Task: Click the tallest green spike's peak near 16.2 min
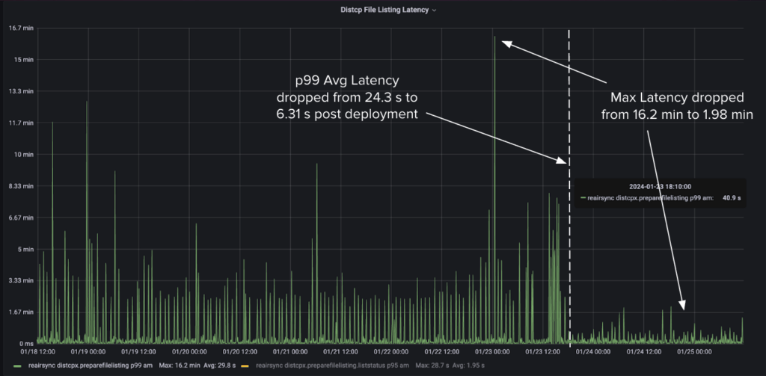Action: point(494,37)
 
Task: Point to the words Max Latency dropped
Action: point(677,98)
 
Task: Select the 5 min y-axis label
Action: point(25,249)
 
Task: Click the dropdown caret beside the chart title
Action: point(435,10)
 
